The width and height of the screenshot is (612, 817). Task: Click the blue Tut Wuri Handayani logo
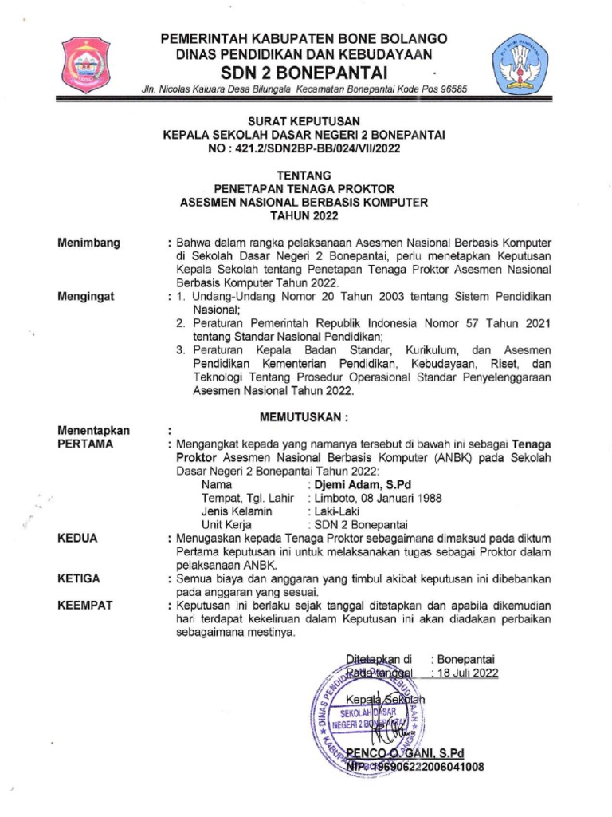tap(523, 62)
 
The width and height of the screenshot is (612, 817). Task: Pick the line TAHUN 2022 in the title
tap(305, 215)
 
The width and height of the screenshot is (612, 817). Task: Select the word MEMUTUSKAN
tap(305, 416)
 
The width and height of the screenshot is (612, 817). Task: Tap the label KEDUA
tap(77, 539)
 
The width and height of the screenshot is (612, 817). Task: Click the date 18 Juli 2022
tap(465, 673)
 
